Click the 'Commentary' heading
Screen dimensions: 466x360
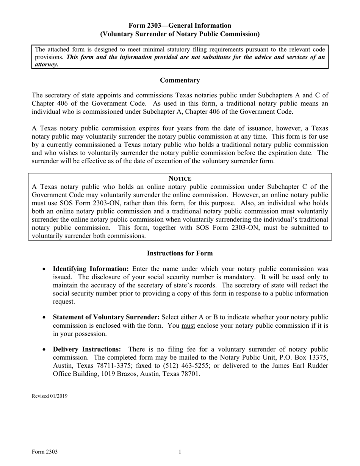180,80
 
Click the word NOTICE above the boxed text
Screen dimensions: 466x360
180,178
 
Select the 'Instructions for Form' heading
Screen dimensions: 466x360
180,253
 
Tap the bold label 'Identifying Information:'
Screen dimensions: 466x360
91,269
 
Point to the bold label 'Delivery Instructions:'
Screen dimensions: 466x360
87,349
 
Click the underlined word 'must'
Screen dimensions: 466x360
188,325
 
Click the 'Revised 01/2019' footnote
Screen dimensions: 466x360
50,396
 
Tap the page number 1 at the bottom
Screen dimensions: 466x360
180,452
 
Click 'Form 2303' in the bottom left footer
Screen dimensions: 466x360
45,452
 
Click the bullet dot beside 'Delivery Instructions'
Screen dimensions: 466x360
45,350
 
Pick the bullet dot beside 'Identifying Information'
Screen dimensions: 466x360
45,269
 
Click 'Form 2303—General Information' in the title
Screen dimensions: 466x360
180,25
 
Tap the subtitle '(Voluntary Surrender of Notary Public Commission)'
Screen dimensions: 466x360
180,34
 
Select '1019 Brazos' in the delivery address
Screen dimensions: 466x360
113,374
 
